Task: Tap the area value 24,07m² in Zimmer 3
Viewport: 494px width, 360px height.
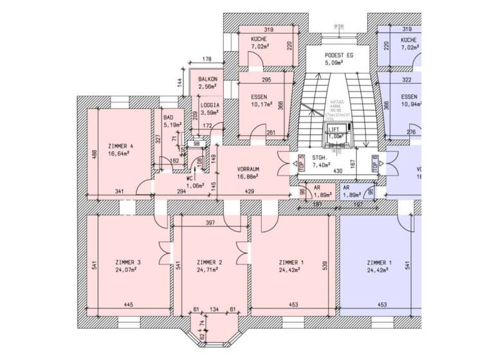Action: tap(128, 271)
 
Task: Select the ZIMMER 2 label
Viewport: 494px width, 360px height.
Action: tap(210, 263)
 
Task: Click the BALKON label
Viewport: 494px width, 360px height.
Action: tap(208, 78)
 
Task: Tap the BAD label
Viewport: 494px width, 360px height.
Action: tap(169, 118)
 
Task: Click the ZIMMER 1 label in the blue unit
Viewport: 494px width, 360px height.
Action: tap(380, 263)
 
